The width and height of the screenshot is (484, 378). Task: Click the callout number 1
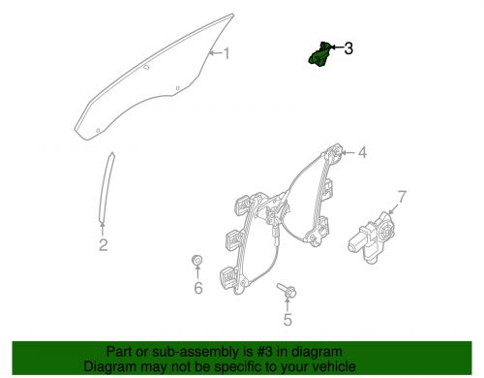click(x=227, y=54)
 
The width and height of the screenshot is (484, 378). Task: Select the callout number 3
click(x=348, y=47)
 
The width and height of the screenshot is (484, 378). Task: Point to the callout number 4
click(x=362, y=152)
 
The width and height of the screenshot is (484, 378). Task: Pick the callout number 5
click(x=287, y=320)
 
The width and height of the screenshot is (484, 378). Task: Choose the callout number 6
click(x=197, y=288)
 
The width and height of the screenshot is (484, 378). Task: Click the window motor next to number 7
click(x=370, y=236)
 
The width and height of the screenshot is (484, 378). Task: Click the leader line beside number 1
click(x=215, y=53)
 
